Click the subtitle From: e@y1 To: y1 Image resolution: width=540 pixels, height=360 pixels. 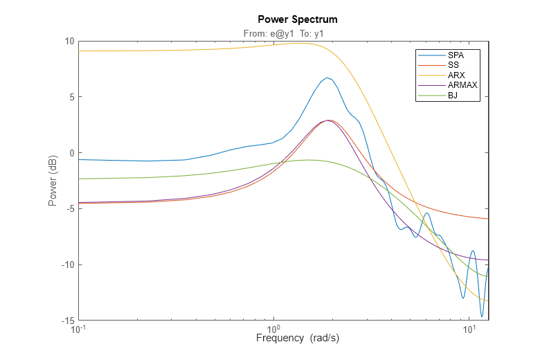[285, 33]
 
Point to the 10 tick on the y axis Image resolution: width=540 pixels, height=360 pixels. [69, 41]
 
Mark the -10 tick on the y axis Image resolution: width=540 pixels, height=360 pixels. [67, 265]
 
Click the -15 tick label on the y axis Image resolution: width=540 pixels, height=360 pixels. [67, 321]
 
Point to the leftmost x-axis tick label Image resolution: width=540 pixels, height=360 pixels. [80, 330]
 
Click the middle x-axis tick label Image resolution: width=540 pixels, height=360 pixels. [273, 330]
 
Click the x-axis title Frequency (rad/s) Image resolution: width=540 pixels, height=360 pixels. [298, 339]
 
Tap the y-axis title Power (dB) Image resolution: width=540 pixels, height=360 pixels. [53, 181]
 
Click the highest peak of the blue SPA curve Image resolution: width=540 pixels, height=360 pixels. [327, 78]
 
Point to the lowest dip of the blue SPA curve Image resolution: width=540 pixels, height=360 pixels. [482, 316]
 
